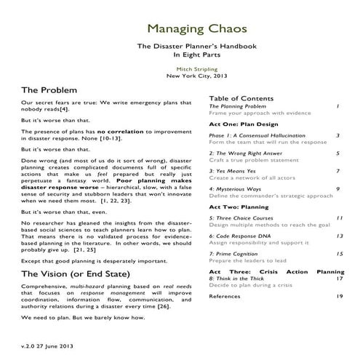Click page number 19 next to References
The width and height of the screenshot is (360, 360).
click(x=340, y=297)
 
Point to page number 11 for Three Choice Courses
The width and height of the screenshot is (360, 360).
click(x=340, y=218)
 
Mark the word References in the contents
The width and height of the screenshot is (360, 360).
click(x=225, y=297)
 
